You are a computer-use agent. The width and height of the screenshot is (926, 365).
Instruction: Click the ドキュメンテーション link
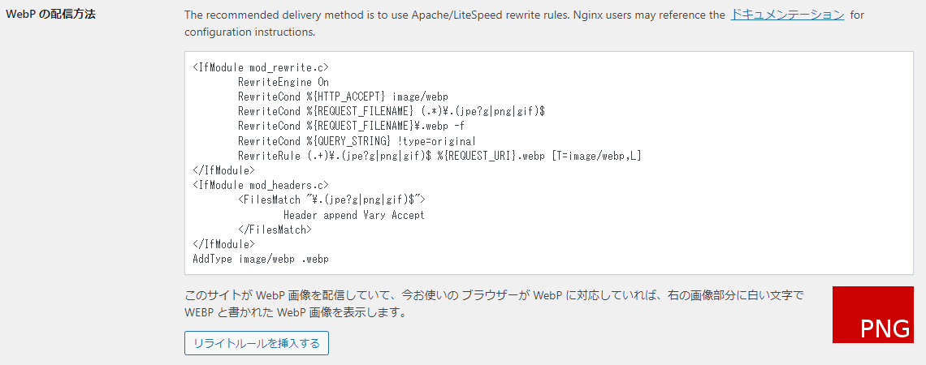pos(787,15)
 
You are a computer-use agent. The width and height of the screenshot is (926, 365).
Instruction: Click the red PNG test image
pos(873,315)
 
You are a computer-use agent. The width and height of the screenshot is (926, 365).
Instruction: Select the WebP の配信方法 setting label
pos(50,14)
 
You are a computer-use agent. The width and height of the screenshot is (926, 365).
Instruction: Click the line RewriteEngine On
pos(283,82)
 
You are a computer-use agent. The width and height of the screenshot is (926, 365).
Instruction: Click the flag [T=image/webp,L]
pos(596,156)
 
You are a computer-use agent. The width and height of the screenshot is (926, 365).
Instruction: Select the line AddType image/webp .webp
pos(261,259)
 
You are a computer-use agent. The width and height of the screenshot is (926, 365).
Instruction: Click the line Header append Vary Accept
pos(353,215)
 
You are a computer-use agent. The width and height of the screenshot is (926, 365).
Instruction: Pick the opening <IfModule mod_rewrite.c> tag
pos(261,67)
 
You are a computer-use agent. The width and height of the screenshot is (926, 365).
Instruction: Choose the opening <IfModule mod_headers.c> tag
pos(261,185)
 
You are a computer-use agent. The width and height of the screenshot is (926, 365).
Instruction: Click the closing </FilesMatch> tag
pos(275,230)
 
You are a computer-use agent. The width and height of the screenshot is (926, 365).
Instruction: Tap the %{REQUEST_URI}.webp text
pos(491,156)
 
